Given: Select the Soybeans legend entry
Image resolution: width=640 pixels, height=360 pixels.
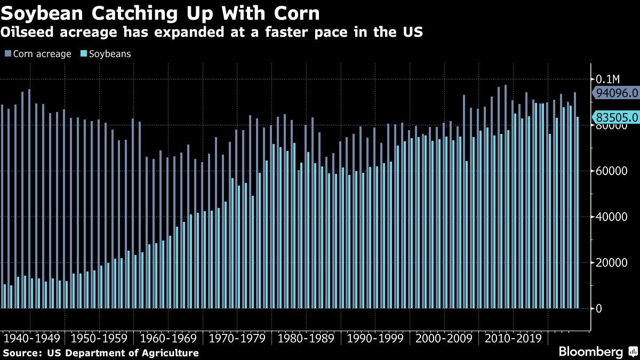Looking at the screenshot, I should [x=106, y=54].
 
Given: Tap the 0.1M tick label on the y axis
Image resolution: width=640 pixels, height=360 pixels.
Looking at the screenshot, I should [x=607, y=79].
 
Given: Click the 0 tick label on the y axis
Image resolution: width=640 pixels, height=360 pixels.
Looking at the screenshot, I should [x=599, y=308].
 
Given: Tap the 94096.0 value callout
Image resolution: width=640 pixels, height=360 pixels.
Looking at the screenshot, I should [x=617, y=93].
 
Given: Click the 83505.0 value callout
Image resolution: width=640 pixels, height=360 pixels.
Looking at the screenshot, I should [x=617, y=117].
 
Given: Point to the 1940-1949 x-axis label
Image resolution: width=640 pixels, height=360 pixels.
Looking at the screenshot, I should [x=32, y=339].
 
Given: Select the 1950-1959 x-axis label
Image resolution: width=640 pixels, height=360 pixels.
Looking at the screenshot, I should [x=99, y=339].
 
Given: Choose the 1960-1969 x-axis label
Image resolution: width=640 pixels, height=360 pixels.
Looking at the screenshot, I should [x=168, y=339].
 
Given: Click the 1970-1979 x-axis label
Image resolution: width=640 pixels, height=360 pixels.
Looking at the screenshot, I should [x=237, y=339].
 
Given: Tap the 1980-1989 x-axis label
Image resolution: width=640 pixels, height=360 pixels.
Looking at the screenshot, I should [x=306, y=339].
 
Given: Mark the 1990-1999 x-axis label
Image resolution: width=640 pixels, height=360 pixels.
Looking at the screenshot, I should [x=375, y=339].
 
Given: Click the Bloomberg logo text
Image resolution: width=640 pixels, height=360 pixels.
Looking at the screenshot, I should [x=590, y=352].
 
